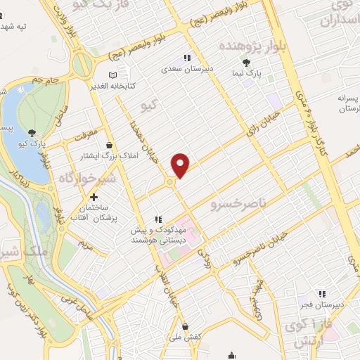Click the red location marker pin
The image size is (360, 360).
click(181, 165)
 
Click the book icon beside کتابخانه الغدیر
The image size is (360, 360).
click(113, 76)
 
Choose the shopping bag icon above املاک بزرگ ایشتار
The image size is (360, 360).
click(108, 144)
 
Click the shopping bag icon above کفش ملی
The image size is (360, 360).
click(185, 326)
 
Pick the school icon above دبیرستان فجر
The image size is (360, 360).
click(322, 294)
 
